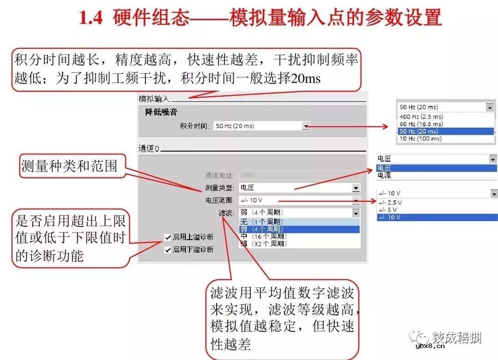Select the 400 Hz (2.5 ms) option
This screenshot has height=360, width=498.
click(421, 117)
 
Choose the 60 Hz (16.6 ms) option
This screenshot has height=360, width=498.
click(421, 124)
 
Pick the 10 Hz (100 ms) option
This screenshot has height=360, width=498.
click(420, 138)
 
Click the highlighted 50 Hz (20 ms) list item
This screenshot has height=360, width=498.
click(420, 131)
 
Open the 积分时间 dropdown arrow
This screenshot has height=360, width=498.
click(306, 126)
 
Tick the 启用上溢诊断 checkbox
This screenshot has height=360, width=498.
click(168, 237)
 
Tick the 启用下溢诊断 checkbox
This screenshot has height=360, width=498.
click(168, 250)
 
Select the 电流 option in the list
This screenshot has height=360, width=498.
click(384, 176)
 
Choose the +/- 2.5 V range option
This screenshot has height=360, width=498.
click(390, 202)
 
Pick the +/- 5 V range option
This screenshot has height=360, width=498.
click(388, 210)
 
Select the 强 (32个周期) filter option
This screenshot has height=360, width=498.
click(263, 244)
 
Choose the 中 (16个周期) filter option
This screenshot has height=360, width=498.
click(263, 236)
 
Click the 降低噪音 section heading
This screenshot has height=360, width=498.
click(161, 112)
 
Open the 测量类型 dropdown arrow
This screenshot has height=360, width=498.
click(356, 188)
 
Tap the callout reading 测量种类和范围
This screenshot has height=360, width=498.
click(69, 166)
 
